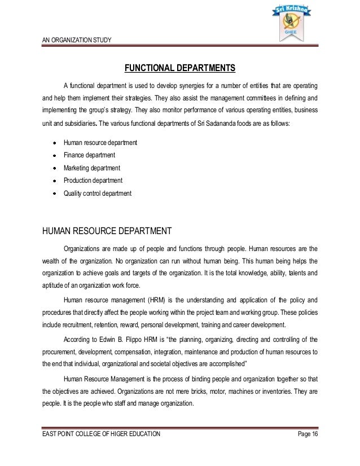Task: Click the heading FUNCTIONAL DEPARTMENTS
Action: pos(179,69)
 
